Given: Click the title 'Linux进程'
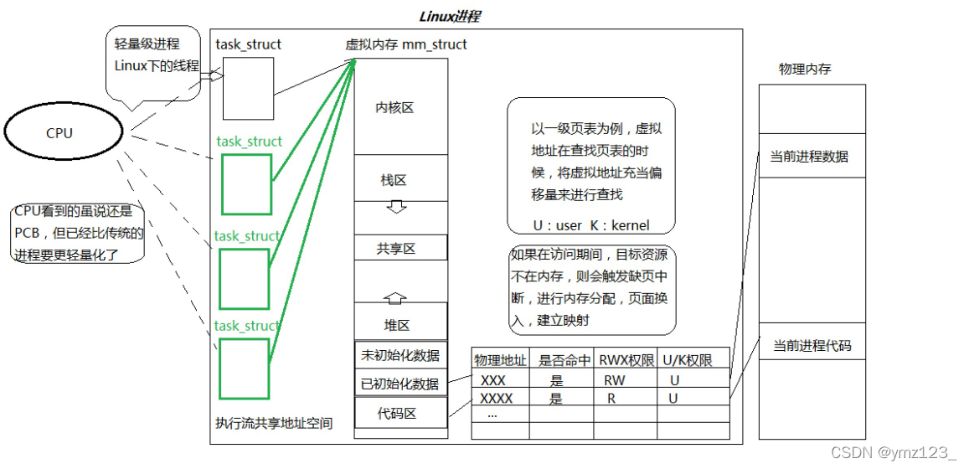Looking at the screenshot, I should click(x=449, y=17).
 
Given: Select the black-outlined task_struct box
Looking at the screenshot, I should click(x=248, y=88).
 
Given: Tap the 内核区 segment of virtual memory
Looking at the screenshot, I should click(x=394, y=108).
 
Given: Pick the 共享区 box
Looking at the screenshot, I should click(x=397, y=248).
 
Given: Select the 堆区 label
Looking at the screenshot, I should click(x=396, y=325).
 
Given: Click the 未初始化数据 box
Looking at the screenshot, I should click(x=399, y=355).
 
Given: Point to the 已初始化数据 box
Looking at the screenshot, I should click(x=399, y=384).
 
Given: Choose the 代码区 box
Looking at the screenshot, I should click(x=397, y=413).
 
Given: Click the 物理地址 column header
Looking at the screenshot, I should click(x=500, y=360).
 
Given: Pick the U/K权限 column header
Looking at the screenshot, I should click(x=688, y=360).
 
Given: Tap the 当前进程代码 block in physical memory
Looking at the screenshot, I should click(x=812, y=345).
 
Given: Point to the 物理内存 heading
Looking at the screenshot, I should click(x=805, y=70).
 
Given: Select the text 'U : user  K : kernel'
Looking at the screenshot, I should click(x=591, y=225).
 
